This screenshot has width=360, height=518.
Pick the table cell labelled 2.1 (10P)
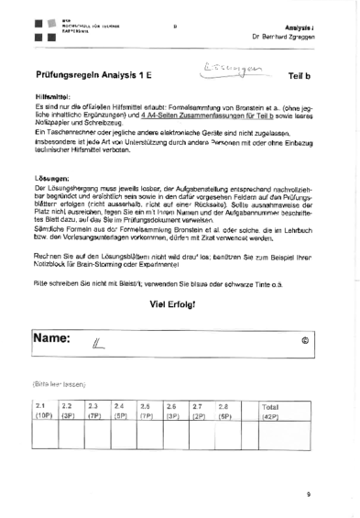click(42, 409)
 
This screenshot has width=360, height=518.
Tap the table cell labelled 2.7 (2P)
click(197, 409)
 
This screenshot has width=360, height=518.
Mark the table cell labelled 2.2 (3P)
click(68, 409)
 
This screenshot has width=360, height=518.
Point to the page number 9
click(309, 495)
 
